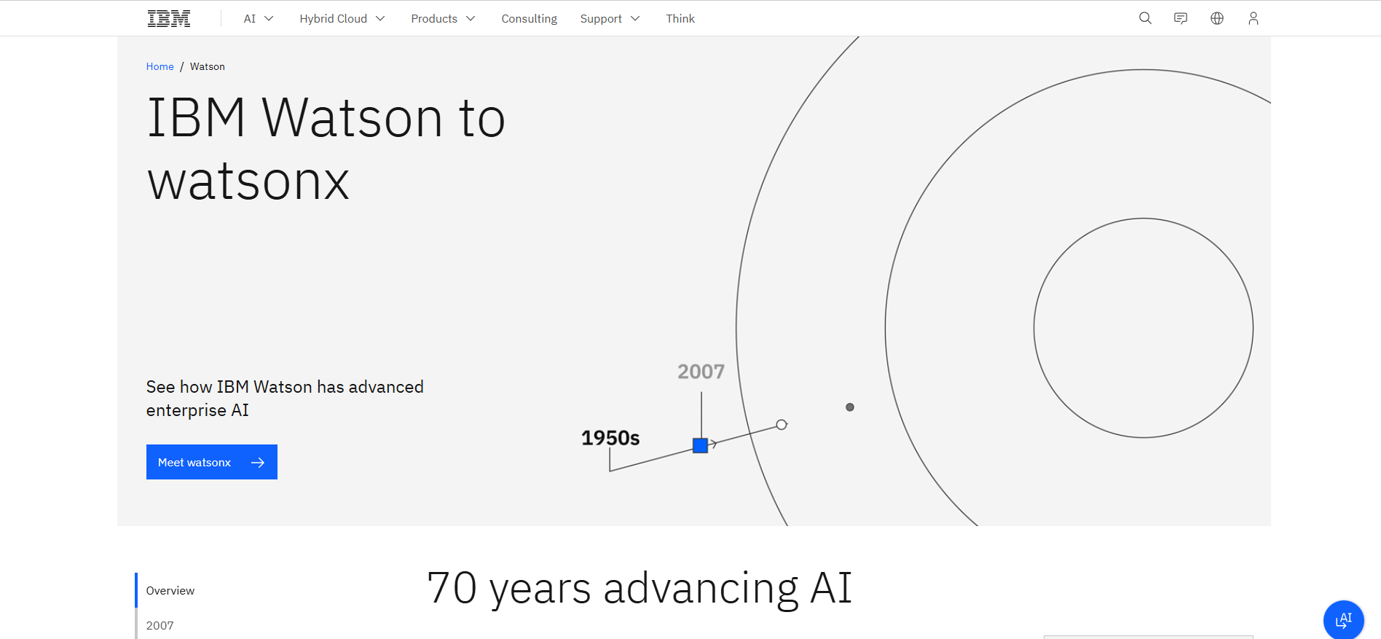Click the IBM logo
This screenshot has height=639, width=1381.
pos(169,19)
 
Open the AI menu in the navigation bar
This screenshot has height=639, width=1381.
pos(258,19)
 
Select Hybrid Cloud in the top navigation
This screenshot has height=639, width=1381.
pos(342,19)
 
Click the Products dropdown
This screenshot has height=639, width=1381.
pos(442,19)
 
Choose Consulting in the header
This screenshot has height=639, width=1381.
pos(529,19)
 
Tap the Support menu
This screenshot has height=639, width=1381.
pos(609,19)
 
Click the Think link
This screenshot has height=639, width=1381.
pos(680,19)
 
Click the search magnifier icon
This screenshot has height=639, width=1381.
pos(1145,18)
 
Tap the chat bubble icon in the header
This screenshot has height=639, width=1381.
pos(1181,18)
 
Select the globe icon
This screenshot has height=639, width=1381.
pos(1217,18)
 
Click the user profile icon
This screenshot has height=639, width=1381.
pos(1253,18)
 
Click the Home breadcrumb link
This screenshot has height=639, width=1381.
pos(160,66)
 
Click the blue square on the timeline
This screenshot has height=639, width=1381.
pos(700,445)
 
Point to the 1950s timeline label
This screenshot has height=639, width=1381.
pos(610,438)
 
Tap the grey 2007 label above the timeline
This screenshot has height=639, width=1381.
pos(701,372)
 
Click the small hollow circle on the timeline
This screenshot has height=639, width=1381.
pos(782,425)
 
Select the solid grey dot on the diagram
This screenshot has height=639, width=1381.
pos(849,407)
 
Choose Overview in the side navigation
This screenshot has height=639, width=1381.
pos(170,590)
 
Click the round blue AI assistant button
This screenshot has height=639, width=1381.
pos(1343,620)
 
